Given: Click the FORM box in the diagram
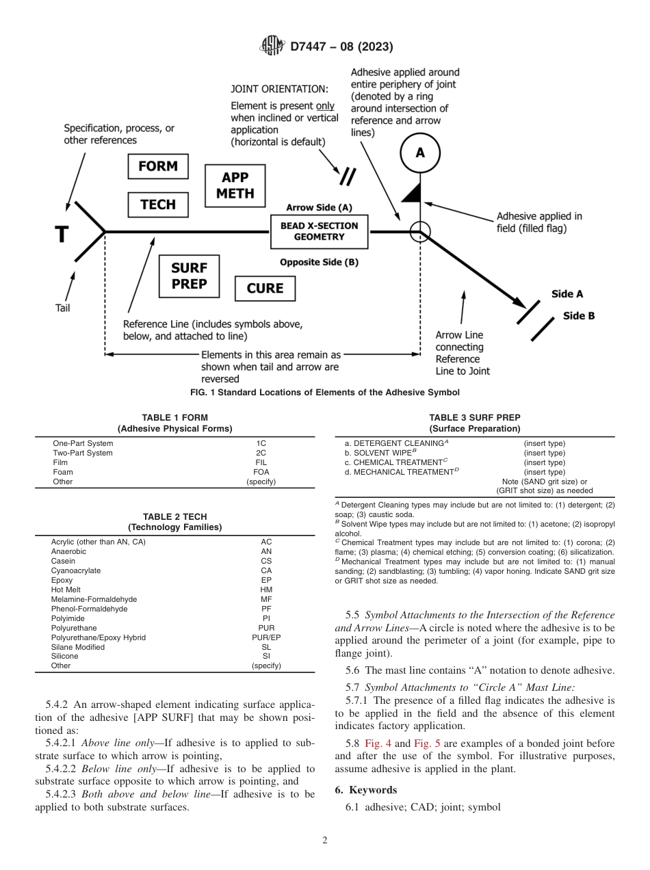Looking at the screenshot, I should pyautogui.click(x=158, y=166).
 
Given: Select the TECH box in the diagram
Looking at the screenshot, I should pyautogui.click(x=158, y=205).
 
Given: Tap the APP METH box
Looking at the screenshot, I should pyautogui.click(x=235, y=185).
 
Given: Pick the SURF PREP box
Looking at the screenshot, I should pyautogui.click(x=189, y=276).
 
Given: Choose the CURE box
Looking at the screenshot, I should pyautogui.click(x=264, y=289).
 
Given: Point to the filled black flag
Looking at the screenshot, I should pyautogui.click(x=411, y=194).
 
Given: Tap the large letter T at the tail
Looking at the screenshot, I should pyautogui.click(x=62, y=235).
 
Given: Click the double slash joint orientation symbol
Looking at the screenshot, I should pyautogui.click(x=348, y=176).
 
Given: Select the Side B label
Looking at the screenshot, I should pyautogui.click(x=579, y=316).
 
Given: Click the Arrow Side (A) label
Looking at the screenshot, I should pyautogui.click(x=319, y=207).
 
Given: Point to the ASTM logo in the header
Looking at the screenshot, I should pyautogui.click(x=273, y=47).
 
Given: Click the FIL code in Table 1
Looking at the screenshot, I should pyautogui.click(x=261, y=462).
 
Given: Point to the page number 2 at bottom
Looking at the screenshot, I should pyautogui.click(x=325, y=841).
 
